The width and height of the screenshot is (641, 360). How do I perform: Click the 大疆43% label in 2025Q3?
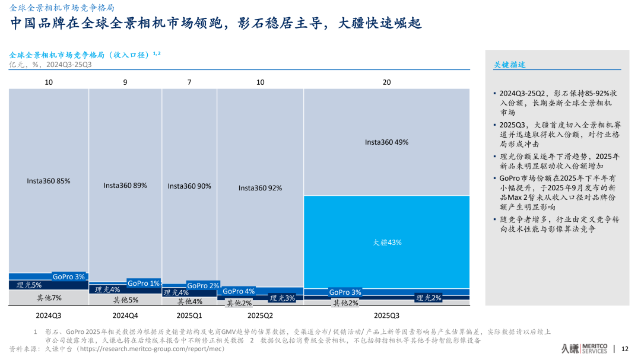tap(387, 242)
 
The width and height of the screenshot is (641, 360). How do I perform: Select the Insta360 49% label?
tap(386, 142)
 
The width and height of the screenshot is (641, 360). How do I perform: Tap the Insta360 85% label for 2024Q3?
tap(49, 181)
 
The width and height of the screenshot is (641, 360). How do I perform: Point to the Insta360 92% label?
tap(260, 188)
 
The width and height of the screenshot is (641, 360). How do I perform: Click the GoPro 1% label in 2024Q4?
tap(144, 283)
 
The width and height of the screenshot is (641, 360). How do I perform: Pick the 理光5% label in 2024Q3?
tap(29, 285)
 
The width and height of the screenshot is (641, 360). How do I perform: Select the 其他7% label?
tap(49, 298)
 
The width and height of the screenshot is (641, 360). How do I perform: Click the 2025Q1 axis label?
tap(189, 316)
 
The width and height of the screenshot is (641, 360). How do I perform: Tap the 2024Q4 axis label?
tap(125, 316)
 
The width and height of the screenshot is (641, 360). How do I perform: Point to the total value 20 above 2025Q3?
tap(386, 82)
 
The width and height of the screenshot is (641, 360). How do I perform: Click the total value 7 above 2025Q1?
tap(189, 82)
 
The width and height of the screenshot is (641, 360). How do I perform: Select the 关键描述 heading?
tap(510, 65)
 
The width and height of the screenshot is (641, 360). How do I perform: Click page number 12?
tap(624, 349)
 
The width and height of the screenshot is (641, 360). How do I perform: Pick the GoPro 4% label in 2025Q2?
tap(239, 291)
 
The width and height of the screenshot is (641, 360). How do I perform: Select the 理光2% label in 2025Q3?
tap(429, 298)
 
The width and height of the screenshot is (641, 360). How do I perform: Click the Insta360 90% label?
tap(189, 186)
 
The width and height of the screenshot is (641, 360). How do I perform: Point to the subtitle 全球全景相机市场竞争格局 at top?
tap(63, 8)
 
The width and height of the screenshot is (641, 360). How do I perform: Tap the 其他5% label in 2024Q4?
tap(125, 300)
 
